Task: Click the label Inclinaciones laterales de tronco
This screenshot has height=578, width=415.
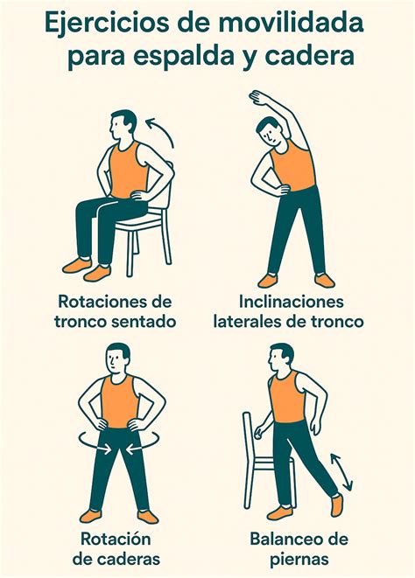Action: point(289,311)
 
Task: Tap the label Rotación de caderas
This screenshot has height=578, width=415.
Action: point(120,547)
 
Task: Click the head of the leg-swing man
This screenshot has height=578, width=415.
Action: point(280,357)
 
